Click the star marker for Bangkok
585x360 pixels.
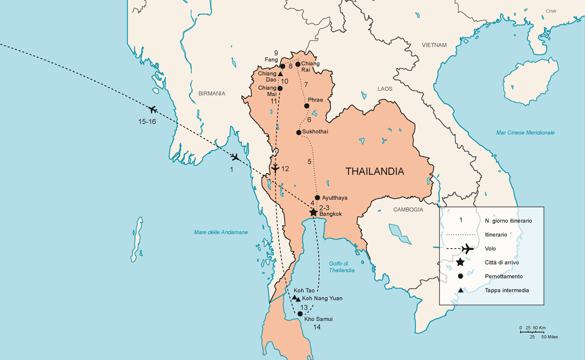tap(313, 212)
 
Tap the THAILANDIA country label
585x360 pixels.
tap(374, 171)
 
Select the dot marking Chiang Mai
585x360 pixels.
tap(280, 88)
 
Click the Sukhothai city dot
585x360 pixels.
tap(299, 132)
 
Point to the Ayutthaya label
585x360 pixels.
tap(334, 198)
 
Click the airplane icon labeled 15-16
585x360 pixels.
tap(153, 109)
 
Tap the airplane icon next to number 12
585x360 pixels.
tap(275, 167)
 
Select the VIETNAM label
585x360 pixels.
tap(433, 45)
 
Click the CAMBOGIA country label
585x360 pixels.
tap(408, 209)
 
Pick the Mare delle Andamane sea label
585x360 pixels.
tap(220, 232)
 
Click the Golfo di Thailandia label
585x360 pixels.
tap(341, 267)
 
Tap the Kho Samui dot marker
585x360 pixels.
tap(300, 314)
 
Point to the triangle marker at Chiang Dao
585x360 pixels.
tap(280, 74)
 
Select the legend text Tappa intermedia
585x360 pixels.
tap(506, 290)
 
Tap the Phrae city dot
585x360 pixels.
tap(307, 106)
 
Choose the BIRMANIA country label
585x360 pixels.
tap(211, 93)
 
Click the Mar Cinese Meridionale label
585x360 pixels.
tap(525, 132)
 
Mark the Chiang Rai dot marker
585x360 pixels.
tap(298, 64)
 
